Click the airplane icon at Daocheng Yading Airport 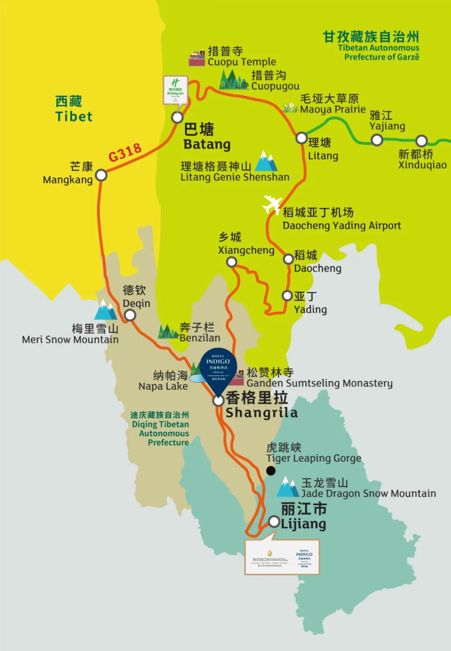point(272,205)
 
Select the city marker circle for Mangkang point(101,175)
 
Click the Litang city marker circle point(302,138)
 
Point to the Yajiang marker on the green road point(377,140)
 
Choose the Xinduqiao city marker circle point(421,141)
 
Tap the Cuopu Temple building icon point(197,58)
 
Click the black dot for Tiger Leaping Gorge point(271,471)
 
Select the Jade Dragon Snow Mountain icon point(288,487)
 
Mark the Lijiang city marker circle point(274,521)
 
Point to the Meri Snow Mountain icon point(105,310)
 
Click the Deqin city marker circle point(130,315)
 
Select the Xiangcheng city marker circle point(231,262)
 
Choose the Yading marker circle point(287,296)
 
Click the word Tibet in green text point(74,117)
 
